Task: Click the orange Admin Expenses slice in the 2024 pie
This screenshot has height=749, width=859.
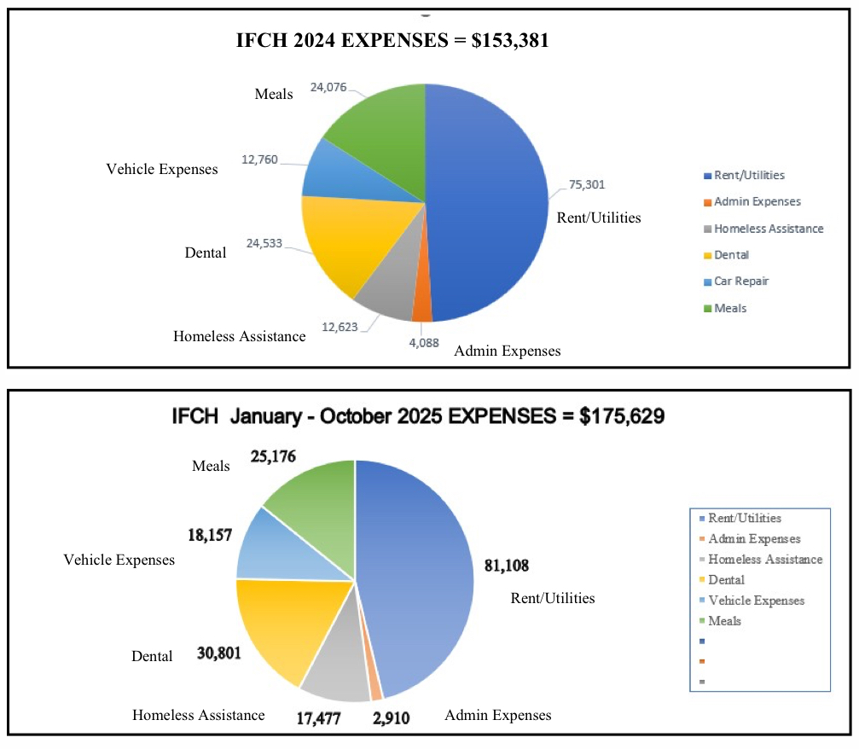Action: (421, 307)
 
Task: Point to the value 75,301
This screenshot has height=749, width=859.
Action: (588, 184)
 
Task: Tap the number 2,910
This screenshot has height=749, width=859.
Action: (392, 718)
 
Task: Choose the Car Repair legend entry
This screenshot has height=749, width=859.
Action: (740, 282)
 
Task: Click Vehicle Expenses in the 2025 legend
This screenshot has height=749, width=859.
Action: (756, 601)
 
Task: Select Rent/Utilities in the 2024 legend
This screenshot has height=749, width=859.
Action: (749, 175)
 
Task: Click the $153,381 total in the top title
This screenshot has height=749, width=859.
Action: (509, 39)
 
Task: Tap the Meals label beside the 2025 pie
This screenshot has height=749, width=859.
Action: (211, 466)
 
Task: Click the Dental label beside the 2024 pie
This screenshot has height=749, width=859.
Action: (206, 253)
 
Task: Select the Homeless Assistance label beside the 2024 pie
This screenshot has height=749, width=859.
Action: (239, 336)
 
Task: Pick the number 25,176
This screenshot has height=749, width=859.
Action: (273, 456)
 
